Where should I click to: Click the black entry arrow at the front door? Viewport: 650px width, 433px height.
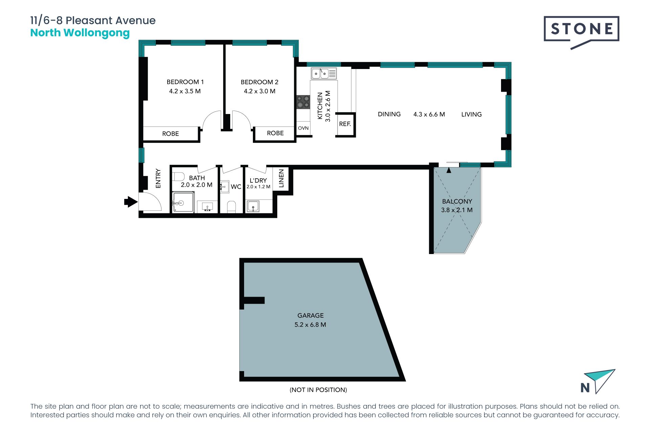tap(131, 202)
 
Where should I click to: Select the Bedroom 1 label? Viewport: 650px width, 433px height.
tap(185, 82)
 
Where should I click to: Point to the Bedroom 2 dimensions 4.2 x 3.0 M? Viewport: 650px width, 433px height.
tap(260, 91)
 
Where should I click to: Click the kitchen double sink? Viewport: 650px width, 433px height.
tap(324, 73)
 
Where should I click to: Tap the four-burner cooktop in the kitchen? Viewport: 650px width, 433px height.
tap(303, 102)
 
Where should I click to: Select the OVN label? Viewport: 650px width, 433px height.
tap(303, 128)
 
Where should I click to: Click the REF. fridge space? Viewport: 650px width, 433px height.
tap(345, 124)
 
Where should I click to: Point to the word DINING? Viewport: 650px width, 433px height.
tap(389, 114)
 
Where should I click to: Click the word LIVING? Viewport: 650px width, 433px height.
tap(472, 114)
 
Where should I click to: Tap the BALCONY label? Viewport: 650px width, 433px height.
tap(457, 201)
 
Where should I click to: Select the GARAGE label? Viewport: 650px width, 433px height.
tap(310, 316)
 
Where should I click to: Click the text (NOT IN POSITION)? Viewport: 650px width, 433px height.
tap(318, 390)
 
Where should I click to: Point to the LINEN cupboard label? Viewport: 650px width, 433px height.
tap(281, 179)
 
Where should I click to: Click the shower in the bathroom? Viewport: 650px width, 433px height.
tap(183, 202)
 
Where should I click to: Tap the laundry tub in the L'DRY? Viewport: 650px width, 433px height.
tap(253, 206)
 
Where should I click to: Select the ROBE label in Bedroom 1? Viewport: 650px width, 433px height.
tap(171, 134)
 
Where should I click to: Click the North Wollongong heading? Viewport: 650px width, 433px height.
tap(80, 33)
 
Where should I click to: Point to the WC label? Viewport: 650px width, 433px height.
tap(236, 187)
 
